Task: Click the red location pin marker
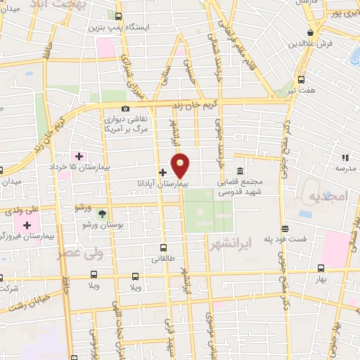click(x=181, y=165)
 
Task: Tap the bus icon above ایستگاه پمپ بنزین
click(x=117, y=16)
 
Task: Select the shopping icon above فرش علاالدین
click(x=309, y=32)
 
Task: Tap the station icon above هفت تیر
click(x=302, y=79)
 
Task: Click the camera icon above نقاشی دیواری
click(x=125, y=108)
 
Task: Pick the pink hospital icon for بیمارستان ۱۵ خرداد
click(x=79, y=155)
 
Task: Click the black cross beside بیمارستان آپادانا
click(x=162, y=172)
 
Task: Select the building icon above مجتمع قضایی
click(x=240, y=171)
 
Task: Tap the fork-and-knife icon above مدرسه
click(x=345, y=158)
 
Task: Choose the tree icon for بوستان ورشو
click(x=103, y=214)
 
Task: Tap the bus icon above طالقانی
click(x=163, y=247)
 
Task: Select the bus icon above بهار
click(x=321, y=268)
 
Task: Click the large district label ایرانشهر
click(x=230, y=243)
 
